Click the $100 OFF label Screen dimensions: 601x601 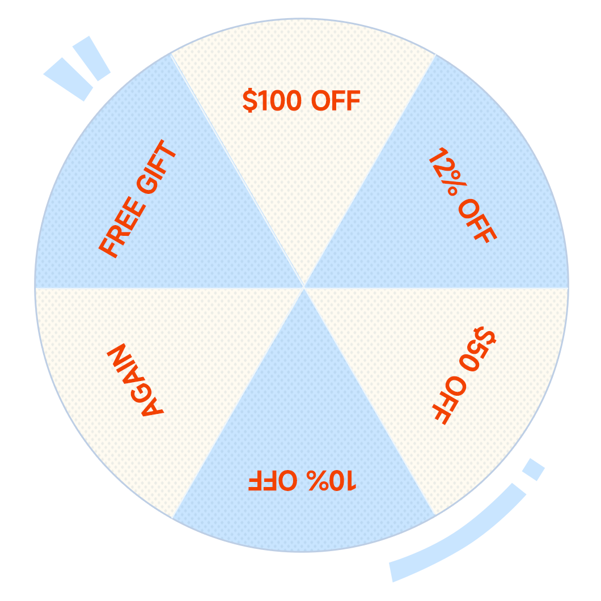click(x=301, y=100)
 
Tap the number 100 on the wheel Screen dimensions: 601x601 click(x=280, y=100)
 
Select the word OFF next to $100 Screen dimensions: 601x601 click(x=336, y=100)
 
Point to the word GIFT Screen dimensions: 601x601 click(x=156, y=166)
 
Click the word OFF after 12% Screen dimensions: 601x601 click(x=477, y=221)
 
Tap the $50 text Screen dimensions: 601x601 click(x=477, y=349)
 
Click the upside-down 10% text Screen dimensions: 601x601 click(x=332, y=480)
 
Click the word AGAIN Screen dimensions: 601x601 click(x=136, y=380)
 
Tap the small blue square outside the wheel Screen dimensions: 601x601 click(x=534, y=469)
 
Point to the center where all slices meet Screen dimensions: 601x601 click(x=303, y=287)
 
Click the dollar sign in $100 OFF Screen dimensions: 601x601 click(x=250, y=100)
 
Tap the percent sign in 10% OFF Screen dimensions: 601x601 click(x=318, y=480)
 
